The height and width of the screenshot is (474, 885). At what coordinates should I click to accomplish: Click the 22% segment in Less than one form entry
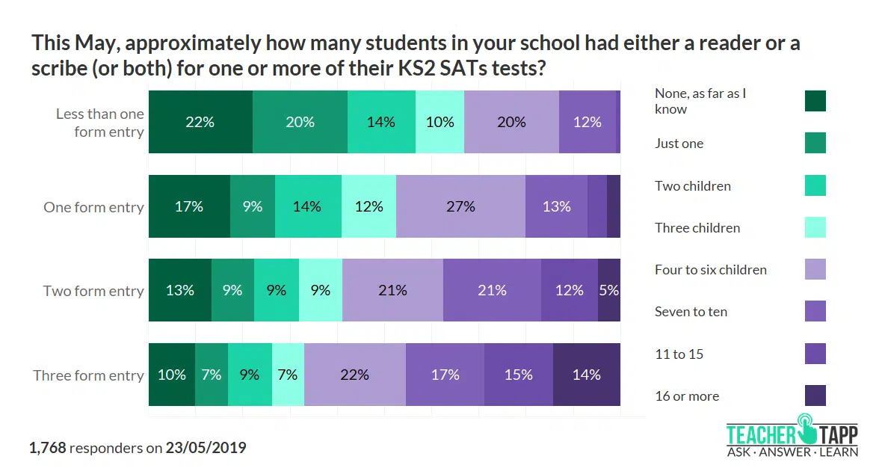200,122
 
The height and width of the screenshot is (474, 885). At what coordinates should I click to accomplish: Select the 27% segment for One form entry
460,206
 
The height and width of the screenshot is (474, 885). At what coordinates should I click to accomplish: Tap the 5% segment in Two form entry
608,291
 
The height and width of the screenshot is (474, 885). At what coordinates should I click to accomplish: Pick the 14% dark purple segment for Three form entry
586,375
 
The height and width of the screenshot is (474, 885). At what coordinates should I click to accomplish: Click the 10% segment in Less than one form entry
440,122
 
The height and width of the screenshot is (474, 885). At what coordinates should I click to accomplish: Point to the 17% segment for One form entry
189,206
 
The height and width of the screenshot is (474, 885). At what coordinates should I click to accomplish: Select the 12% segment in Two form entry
569,291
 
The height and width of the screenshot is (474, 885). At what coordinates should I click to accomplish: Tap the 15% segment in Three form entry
518,375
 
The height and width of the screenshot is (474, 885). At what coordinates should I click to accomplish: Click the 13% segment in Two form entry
180,291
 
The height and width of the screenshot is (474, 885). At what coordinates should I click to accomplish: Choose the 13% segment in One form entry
556,206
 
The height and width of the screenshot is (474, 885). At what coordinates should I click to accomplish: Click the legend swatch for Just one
815,143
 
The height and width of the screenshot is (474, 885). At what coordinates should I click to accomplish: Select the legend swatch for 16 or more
815,395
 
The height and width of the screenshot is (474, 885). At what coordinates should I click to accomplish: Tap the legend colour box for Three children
815,227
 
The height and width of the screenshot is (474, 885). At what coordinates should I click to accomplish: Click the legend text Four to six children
710,270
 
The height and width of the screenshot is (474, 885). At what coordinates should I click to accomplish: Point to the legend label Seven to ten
691,312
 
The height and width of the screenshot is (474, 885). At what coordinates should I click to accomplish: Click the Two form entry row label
93,291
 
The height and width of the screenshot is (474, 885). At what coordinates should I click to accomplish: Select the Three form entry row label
88,375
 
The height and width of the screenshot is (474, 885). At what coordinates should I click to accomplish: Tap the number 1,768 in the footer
48,448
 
